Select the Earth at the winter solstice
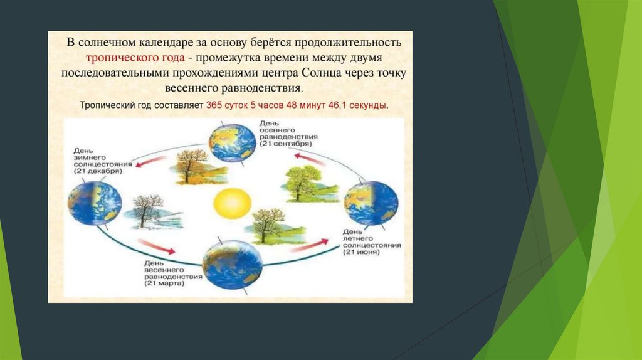(x=95, y=203)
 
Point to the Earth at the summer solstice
(x=371, y=203)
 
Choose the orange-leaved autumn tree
(x=196, y=167)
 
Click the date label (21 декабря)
(x=98, y=171)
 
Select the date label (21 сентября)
(x=285, y=144)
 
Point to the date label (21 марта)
(x=164, y=283)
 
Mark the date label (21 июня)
(x=362, y=252)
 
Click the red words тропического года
(x=135, y=58)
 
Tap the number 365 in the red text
(x=213, y=105)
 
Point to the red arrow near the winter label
(x=151, y=161)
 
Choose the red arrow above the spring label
(x=156, y=246)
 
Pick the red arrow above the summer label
(x=310, y=245)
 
